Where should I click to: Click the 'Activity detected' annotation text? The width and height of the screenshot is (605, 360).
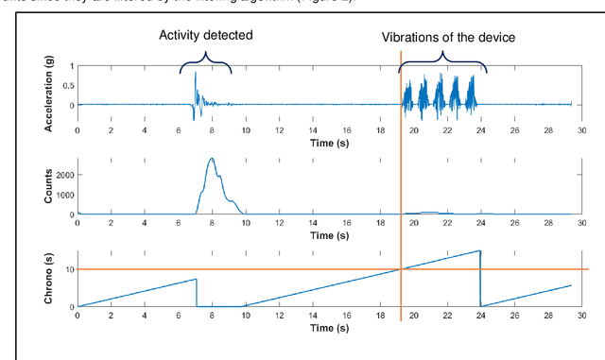(x=205, y=37)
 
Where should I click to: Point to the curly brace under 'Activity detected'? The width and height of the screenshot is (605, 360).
(x=205, y=64)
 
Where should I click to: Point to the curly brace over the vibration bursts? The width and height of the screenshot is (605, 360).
(x=442, y=64)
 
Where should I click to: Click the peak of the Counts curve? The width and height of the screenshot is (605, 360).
(x=211, y=159)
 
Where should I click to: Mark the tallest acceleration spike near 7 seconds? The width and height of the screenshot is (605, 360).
(x=196, y=73)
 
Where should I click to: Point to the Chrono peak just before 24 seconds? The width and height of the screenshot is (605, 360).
(x=479, y=250)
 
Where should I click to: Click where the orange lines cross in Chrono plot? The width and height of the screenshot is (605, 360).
(x=401, y=269)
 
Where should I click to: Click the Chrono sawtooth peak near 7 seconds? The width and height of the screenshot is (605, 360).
(x=196, y=279)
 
